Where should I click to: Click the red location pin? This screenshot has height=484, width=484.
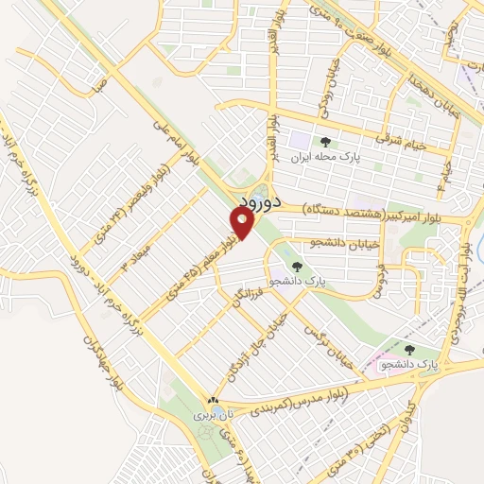(242, 223)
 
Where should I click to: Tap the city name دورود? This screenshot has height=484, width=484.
(255, 203)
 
